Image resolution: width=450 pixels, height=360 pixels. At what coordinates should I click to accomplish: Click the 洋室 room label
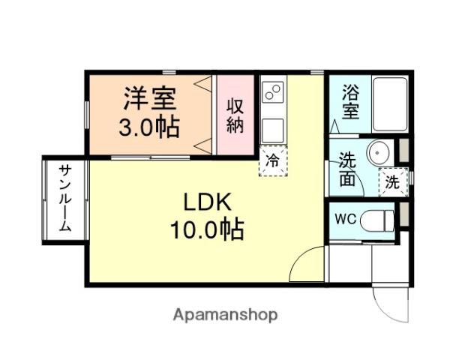coord(149,98)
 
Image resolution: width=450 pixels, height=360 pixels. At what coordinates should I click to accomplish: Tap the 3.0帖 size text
coord(149,127)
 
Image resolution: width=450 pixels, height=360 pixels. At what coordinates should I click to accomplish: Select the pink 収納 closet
coord(235,115)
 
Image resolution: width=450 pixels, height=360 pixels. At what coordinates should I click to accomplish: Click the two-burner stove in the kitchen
coord(273,91)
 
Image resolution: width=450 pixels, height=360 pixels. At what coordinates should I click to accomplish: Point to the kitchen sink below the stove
coord(273,130)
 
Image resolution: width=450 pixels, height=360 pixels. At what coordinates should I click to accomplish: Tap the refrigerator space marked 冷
coord(273,160)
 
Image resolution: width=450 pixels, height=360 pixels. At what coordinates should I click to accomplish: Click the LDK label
coord(207,202)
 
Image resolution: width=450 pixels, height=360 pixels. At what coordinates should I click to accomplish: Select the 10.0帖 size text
coord(207,229)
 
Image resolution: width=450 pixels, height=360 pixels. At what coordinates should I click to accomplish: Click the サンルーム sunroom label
coord(65,198)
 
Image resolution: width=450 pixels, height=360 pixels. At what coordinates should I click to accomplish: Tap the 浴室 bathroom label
coord(350,103)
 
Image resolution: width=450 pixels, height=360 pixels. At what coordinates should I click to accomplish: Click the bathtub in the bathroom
coord(390,104)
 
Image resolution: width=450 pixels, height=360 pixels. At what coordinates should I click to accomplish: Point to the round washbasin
coord(379,151)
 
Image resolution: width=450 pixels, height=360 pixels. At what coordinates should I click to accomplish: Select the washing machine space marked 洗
coord(393,182)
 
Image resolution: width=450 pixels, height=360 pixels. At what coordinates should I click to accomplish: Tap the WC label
coord(346,220)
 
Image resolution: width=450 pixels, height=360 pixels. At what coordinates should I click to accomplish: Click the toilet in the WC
coord(376,220)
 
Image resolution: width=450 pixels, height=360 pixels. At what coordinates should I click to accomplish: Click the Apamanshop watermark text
coord(225,315)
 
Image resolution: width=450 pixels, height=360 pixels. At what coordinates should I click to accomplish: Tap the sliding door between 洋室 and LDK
coord(151,157)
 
